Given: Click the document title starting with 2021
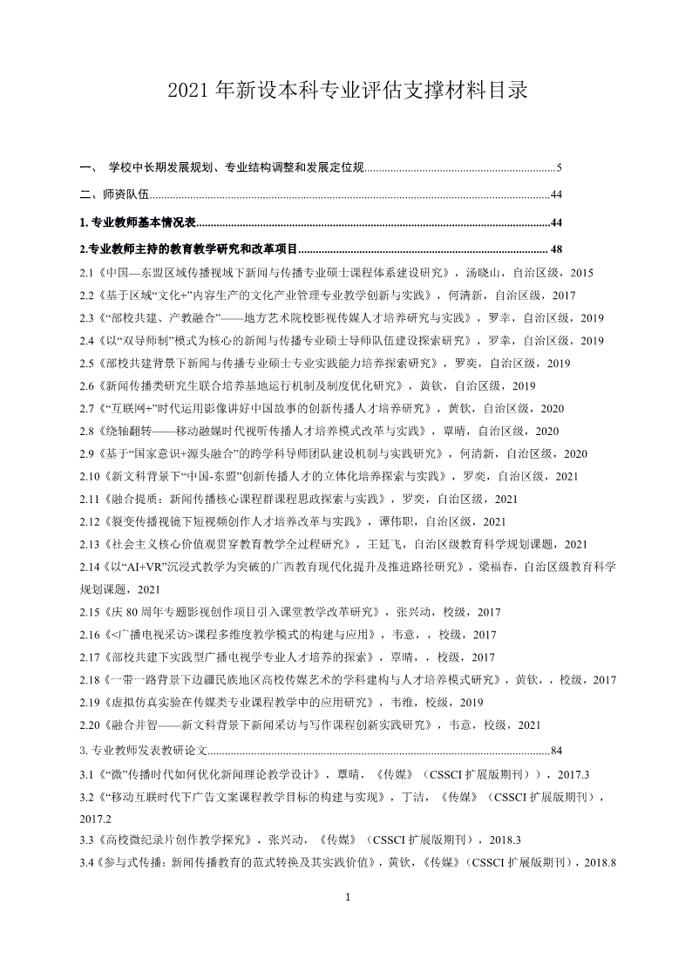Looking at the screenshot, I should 346,91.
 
